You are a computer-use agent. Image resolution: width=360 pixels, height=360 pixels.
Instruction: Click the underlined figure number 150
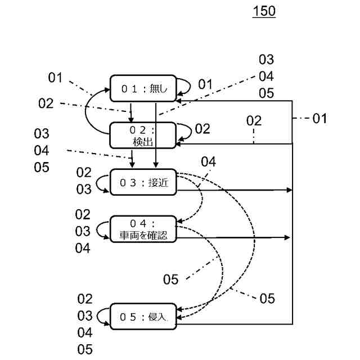(264, 11)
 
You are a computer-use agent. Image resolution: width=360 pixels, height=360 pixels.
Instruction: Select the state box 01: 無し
(143, 88)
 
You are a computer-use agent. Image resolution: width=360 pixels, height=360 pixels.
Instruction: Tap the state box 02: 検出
(143, 136)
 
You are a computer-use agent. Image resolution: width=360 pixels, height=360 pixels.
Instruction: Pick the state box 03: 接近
(143, 182)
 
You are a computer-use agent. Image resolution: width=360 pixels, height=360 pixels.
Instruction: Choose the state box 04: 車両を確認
(143, 229)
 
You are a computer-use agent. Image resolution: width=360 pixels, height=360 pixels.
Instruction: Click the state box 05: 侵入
(143, 317)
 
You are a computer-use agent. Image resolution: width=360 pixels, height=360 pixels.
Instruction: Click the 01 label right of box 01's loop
(205, 84)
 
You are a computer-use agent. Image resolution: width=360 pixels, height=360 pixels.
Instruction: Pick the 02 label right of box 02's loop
(202, 129)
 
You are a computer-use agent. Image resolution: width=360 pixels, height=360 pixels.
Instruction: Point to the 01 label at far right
(319, 119)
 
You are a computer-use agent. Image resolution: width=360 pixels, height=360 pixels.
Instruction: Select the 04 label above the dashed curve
(209, 161)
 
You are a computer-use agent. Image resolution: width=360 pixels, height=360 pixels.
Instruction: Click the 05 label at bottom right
(267, 299)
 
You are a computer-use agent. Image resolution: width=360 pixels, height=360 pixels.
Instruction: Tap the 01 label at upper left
(55, 78)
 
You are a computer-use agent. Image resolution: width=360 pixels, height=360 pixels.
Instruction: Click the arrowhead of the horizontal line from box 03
(289, 190)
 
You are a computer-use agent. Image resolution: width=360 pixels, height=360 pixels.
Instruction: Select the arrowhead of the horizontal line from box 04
(287, 237)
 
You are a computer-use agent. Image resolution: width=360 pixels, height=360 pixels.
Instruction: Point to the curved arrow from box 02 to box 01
(85, 110)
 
